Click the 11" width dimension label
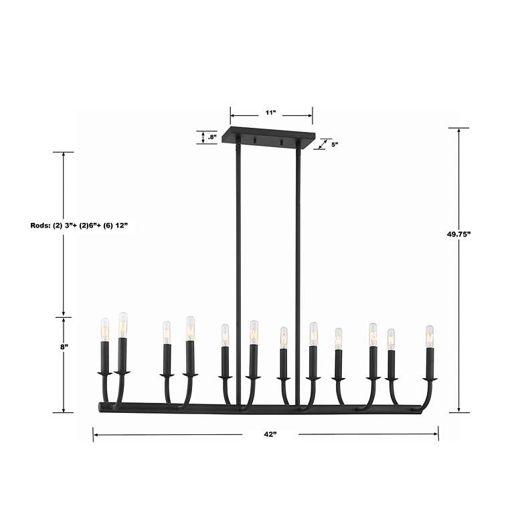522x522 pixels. [270, 113]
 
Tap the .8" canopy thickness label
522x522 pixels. [212, 137]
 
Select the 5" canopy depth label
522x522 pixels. [335, 144]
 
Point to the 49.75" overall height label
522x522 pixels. [459, 235]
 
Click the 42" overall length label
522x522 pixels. [270, 434]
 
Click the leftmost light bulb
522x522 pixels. [104, 329]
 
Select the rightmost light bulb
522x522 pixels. [429, 335]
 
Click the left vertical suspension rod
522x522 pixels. [238, 268]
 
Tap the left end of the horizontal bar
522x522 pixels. [100, 406]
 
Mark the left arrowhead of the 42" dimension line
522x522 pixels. [96, 435]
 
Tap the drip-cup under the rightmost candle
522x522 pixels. [430, 379]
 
